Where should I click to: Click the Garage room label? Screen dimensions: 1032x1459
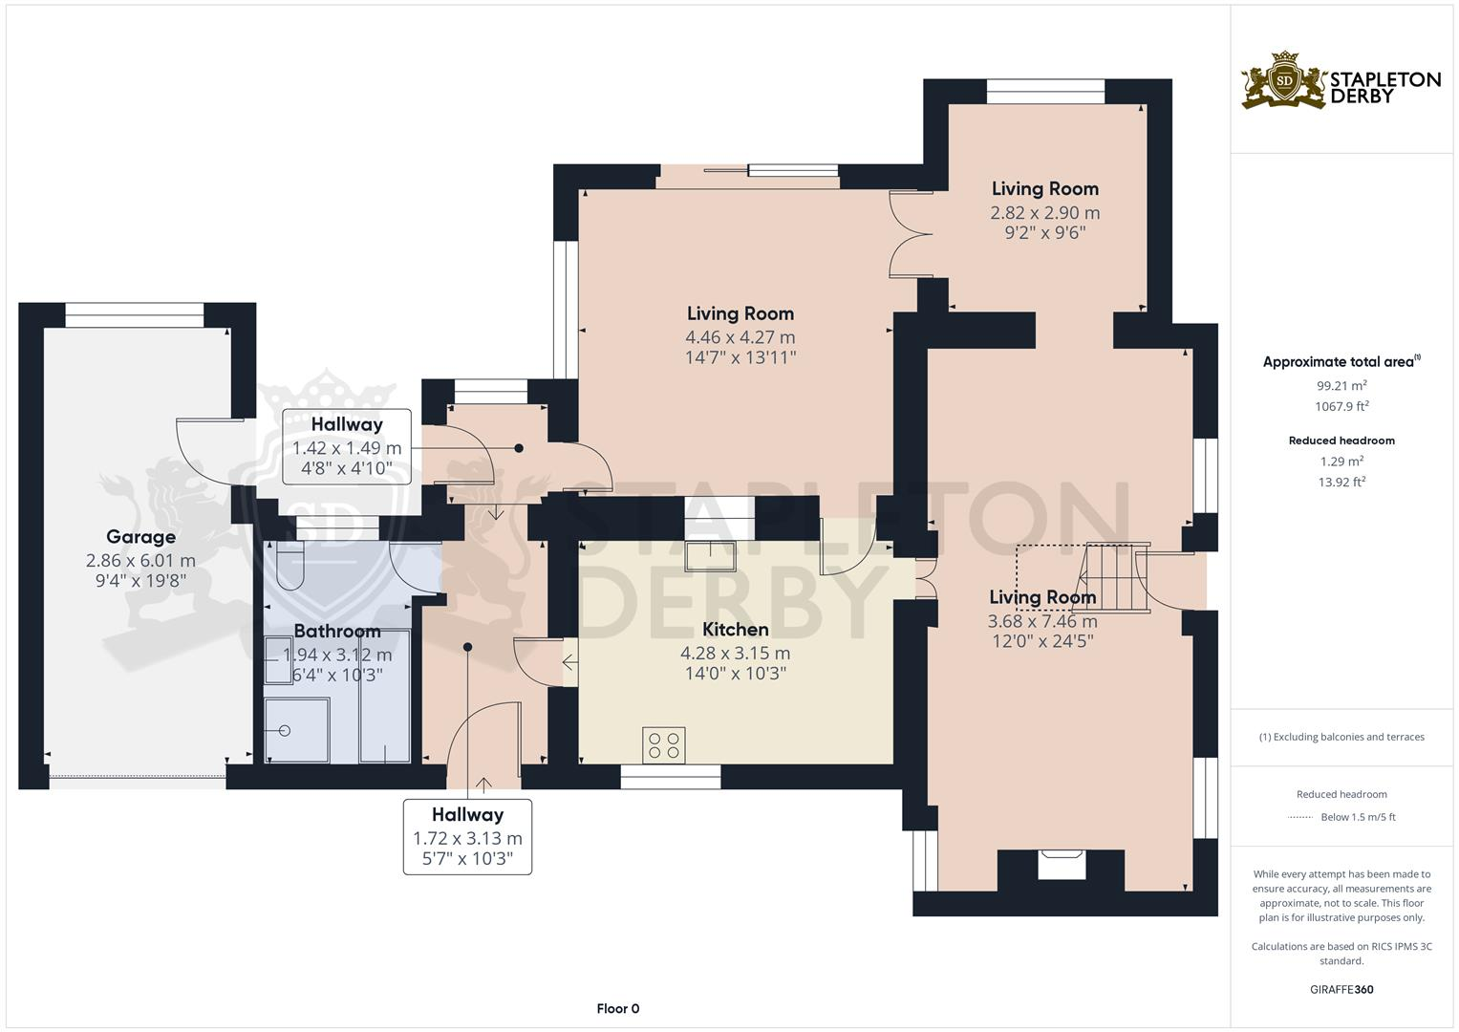pos(140,537)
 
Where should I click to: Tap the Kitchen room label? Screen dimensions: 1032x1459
pos(735,630)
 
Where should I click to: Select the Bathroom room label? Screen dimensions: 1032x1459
pos(336,632)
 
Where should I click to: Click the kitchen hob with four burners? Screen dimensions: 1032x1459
pos(664,745)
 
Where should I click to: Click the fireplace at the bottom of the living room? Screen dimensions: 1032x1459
pos(1062,866)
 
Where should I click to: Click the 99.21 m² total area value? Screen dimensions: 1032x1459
pos(1341,386)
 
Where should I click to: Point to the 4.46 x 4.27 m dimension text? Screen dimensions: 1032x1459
pos(740,337)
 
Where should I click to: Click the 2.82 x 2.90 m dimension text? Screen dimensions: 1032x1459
pos(1044,213)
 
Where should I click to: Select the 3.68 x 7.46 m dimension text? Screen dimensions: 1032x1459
pos(1042,621)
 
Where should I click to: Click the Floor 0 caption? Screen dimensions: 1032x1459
pos(617,1008)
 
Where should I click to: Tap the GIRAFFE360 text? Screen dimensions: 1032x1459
pos(1341,989)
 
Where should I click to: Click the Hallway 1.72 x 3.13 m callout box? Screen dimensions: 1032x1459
pos(467,836)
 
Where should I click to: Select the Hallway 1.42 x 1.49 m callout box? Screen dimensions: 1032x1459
pos(347,447)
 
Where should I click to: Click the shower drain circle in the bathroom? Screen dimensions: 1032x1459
pos(285,730)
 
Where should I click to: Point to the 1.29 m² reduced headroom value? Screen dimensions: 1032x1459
pos(1341,462)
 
